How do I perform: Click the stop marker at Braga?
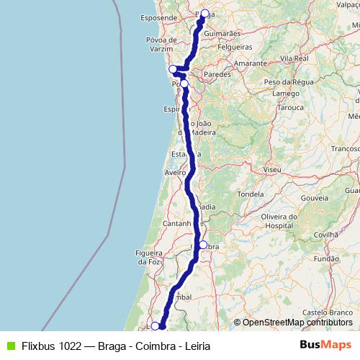coord(204,13)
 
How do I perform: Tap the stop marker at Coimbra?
coord(203,245)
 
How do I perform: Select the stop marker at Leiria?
coord(155,326)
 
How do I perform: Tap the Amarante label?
coord(249,63)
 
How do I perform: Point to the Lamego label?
coord(286,93)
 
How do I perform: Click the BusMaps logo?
coord(325,344)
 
